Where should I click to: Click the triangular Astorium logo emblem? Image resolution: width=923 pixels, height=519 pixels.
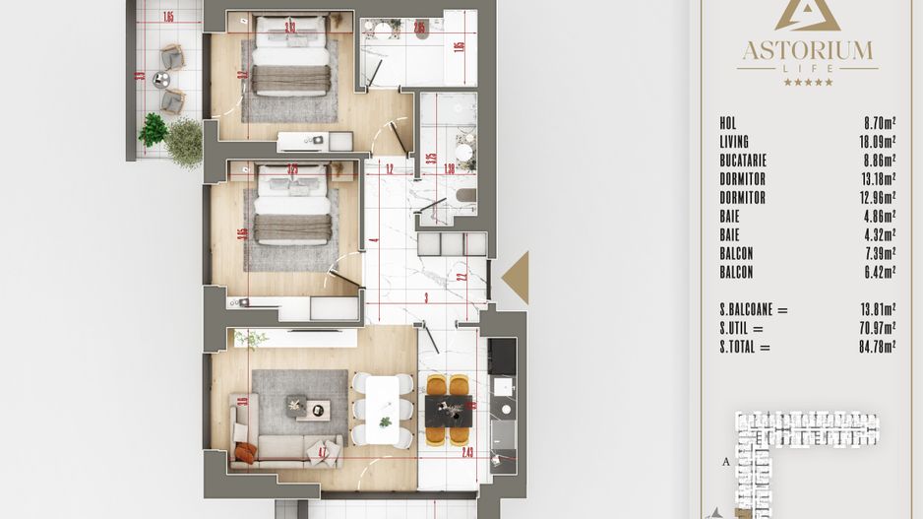click(807, 14)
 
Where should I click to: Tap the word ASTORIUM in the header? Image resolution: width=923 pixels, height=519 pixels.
click(807, 49)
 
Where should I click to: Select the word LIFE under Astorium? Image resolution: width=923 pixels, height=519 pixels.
click(807, 68)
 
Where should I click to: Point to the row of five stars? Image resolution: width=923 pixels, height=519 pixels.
click(807, 82)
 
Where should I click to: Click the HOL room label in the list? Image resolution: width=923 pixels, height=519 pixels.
click(728, 124)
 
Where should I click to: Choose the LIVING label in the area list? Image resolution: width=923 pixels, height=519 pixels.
click(734, 143)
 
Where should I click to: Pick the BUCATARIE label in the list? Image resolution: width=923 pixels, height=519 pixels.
click(742, 161)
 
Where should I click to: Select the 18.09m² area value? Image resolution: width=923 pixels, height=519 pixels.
click(874, 143)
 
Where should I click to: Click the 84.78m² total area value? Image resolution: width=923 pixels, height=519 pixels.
click(874, 347)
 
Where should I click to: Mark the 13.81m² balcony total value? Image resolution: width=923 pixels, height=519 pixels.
click(874, 310)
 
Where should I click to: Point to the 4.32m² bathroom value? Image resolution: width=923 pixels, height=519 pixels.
click(874, 235)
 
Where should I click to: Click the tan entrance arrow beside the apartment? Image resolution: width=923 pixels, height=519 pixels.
click(517, 278)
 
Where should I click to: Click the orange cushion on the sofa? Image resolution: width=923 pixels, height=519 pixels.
click(246, 453)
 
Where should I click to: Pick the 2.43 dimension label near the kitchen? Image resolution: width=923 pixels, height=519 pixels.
click(467, 453)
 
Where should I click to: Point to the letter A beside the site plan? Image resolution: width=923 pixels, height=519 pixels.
click(726, 460)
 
